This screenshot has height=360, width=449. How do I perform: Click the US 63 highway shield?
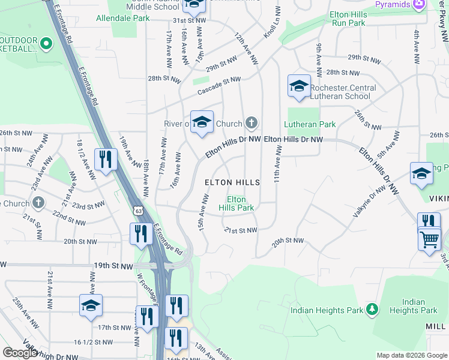coord(139,211)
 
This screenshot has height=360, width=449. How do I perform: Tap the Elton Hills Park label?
coord(236,204)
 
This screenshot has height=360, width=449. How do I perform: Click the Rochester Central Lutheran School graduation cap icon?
coord(299,86)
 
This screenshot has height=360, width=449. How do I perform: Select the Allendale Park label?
coord(123,18)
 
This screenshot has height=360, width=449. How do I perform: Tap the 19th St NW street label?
coord(112,265)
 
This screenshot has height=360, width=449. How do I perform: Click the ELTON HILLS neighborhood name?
coord(232,182)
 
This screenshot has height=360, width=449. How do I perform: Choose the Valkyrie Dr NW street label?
coord(369,194)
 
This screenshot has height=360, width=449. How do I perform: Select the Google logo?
coord(20,353)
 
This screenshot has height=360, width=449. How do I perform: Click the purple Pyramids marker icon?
coord(419,4)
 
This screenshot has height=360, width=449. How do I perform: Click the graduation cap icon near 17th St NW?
coord(91,306)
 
